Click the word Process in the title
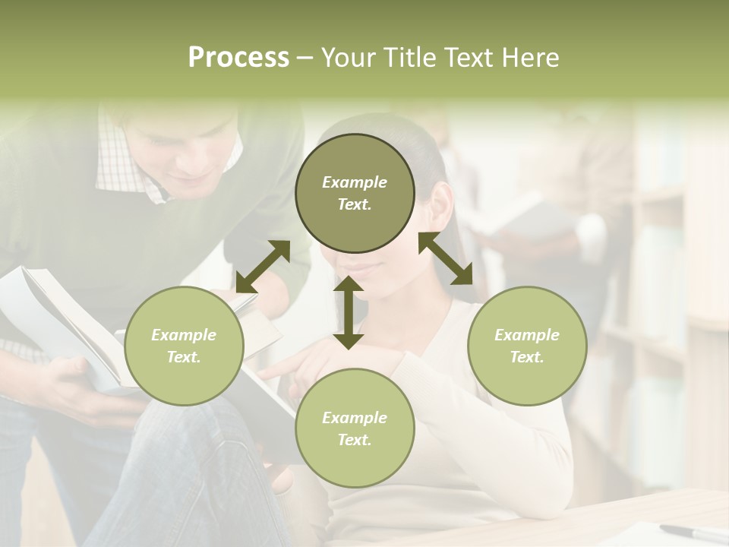(238, 58)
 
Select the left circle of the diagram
(184, 346)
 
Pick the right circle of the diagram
(527, 346)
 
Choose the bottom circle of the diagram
(355, 428)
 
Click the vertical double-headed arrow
(349, 312)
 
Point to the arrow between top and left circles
(263, 266)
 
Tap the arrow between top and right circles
(446, 258)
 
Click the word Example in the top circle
(355, 182)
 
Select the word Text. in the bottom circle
(355, 440)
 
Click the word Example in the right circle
(527, 335)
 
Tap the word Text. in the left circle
(184, 357)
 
